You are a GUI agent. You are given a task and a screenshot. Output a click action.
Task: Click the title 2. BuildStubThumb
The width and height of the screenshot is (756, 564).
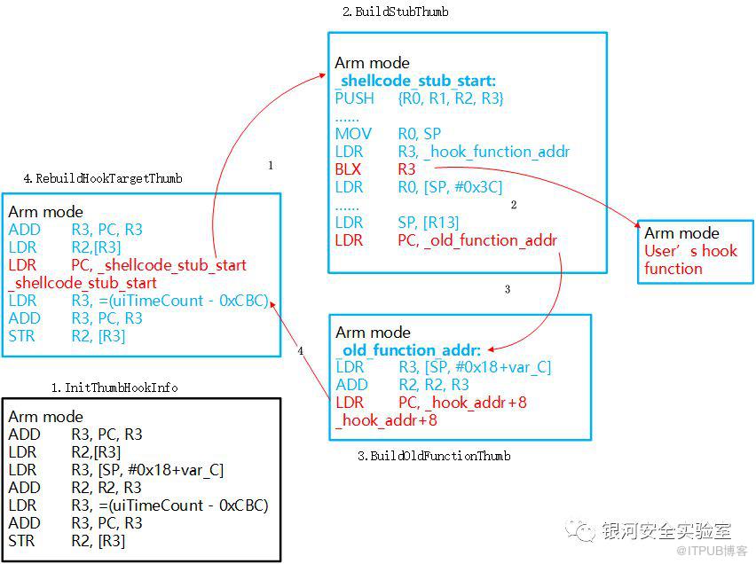(x=396, y=12)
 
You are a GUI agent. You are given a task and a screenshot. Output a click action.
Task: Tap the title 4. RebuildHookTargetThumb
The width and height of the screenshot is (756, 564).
(x=103, y=178)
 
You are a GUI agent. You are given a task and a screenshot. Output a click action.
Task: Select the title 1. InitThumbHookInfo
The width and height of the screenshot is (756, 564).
(x=114, y=388)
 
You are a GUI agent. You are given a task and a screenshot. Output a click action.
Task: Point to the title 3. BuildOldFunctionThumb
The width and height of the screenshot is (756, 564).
(x=434, y=456)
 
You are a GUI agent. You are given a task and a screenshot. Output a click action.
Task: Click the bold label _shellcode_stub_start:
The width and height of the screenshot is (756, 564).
(x=415, y=81)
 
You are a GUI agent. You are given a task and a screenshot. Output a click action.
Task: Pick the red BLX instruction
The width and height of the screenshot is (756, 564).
(x=348, y=169)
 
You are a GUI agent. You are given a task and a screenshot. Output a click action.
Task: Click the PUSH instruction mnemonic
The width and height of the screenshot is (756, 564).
(x=354, y=98)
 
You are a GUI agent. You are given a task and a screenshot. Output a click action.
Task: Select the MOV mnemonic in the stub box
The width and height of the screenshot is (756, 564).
(x=353, y=134)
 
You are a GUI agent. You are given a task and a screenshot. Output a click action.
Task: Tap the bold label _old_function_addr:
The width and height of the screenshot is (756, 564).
(x=408, y=350)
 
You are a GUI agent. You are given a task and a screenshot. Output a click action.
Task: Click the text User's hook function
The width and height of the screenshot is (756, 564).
(x=691, y=259)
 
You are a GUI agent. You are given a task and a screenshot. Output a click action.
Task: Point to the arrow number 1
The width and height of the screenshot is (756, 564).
(x=271, y=165)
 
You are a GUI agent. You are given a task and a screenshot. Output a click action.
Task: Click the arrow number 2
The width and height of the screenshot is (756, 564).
(x=514, y=205)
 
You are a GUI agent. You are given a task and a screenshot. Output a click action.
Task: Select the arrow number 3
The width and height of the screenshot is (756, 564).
(x=508, y=289)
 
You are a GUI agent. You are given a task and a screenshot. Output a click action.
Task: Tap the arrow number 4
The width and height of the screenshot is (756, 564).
(x=301, y=350)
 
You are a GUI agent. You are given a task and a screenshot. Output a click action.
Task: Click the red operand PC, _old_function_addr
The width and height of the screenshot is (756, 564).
(x=477, y=240)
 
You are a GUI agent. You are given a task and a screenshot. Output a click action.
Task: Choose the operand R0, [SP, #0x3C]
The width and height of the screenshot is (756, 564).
(x=450, y=187)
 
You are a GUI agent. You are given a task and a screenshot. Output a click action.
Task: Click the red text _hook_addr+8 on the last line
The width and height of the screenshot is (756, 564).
(x=387, y=420)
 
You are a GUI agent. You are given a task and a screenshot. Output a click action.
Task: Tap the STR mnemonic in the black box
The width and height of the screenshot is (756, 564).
(x=21, y=541)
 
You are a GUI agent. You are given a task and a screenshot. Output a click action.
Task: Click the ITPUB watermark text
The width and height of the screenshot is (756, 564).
(x=712, y=551)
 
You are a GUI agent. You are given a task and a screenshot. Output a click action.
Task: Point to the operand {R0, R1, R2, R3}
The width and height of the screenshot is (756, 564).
(x=451, y=98)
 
